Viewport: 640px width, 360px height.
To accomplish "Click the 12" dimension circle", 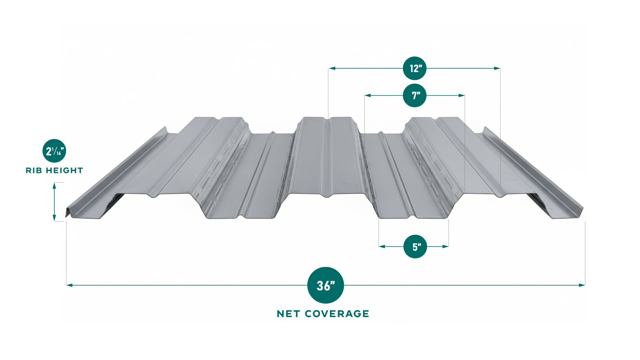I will [x=415, y=68].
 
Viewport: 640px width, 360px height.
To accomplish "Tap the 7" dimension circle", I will [x=415, y=95].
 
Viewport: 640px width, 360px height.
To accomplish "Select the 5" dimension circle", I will [x=415, y=247].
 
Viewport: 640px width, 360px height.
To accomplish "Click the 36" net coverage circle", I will [x=325, y=285].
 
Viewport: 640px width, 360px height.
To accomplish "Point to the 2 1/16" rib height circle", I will [x=54, y=151].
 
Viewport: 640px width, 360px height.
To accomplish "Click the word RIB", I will [x=34, y=171].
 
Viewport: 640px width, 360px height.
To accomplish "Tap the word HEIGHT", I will [x=64, y=171].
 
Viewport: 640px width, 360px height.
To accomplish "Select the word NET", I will [x=288, y=314].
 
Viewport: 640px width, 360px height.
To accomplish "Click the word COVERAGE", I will [x=337, y=314].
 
